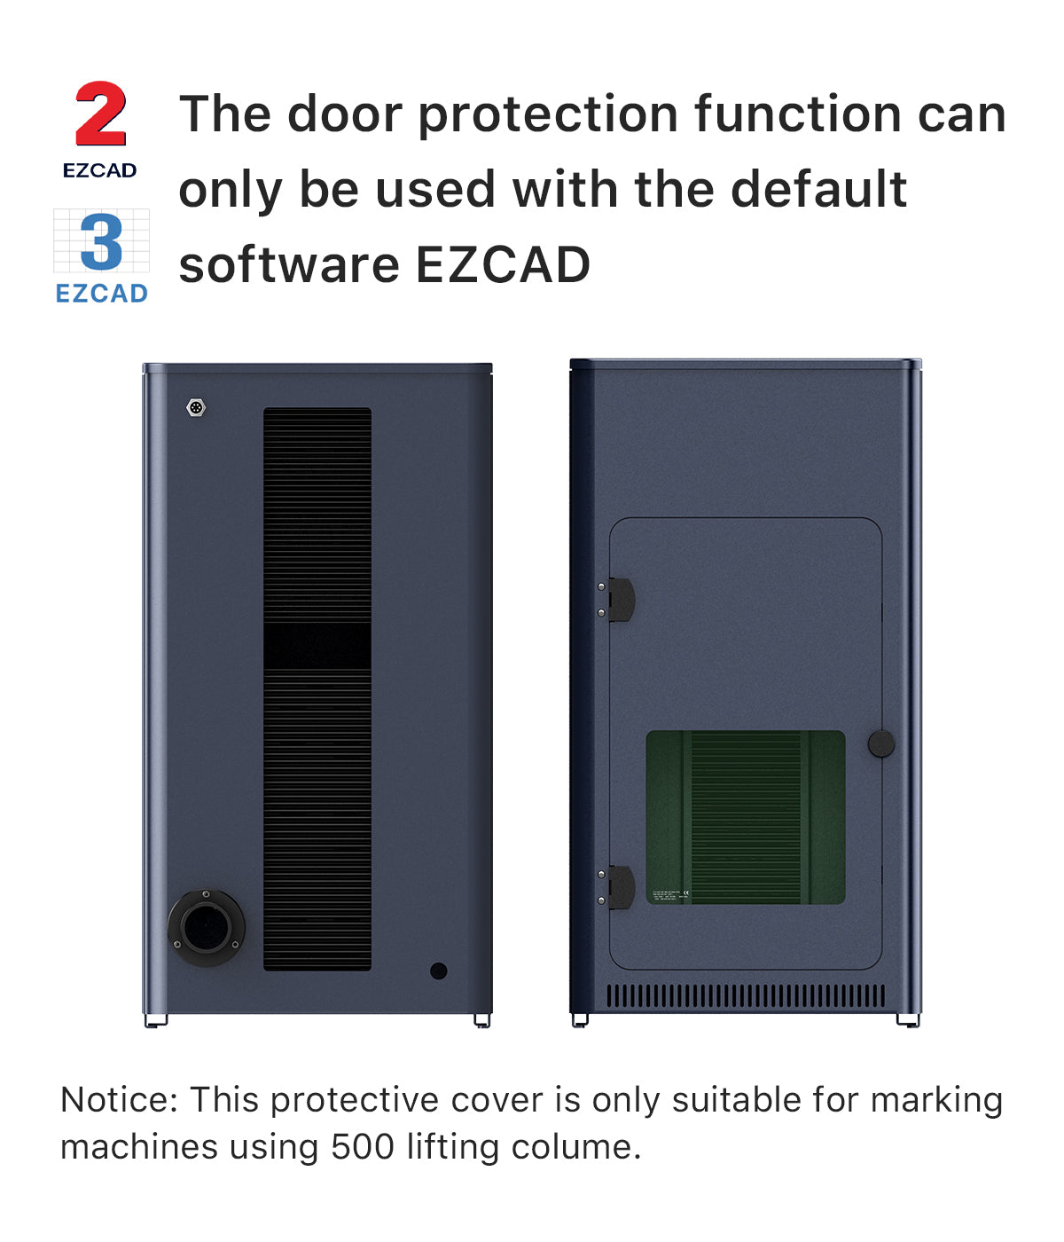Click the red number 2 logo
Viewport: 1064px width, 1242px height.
coord(101,114)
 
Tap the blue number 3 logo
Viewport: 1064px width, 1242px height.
coord(101,242)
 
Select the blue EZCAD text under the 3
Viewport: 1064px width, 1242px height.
coord(101,294)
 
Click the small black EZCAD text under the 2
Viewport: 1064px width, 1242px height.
coord(99,170)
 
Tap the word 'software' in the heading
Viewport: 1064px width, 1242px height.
coord(288,265)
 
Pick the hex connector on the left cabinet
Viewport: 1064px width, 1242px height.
coord(196,408)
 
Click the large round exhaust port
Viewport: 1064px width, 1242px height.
coord(207,927)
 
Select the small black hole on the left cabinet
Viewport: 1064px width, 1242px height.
coord(438,971)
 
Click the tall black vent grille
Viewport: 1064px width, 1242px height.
coord(317,688)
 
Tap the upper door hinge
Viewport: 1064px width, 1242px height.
coord(618,600)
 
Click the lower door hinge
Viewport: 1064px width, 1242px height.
coord(618,887)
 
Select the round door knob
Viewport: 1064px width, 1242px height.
coord(880,743)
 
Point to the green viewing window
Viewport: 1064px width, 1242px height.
coord(745,817)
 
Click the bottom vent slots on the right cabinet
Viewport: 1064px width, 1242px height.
coord(745,995)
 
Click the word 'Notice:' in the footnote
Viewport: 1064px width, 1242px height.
coord(119,1100)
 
